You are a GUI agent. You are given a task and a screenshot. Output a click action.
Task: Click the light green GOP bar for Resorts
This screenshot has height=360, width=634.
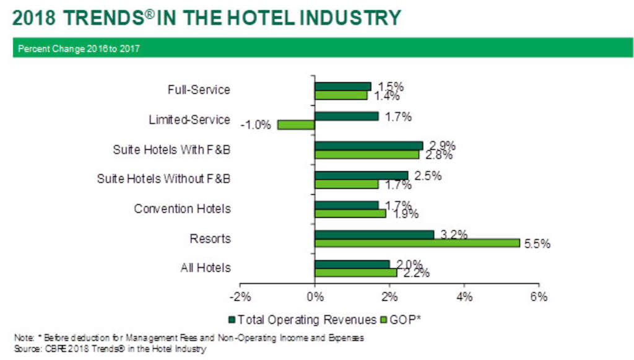click(x=417, y=243)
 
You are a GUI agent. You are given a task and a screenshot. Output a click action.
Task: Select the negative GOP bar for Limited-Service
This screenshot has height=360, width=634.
click(x=296, y=125)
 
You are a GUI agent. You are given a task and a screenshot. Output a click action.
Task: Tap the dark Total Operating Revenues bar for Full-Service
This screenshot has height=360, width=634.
click(x=342, y=86)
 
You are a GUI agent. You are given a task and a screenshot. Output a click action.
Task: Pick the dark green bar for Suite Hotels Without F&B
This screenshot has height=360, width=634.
click(x=361, y=175)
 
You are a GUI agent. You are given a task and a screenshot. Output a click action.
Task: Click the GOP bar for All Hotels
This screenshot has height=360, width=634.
click(x=355, y=273)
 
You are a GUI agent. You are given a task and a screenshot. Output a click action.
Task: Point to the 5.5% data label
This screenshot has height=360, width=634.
click(x=537, y=244)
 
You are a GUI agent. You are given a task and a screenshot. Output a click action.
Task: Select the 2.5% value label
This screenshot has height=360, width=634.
click(x=428, y=175)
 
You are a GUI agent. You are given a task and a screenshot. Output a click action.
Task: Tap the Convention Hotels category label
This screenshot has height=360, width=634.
click(x=182, y=209)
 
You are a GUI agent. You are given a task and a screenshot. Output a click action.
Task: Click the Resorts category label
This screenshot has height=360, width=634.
click(x=211, y=239)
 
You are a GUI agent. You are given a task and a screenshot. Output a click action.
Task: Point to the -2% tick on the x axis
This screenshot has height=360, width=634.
click(x=240, y=297)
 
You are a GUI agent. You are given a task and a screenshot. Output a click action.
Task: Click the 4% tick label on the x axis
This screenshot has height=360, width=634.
click(x=464, y=297)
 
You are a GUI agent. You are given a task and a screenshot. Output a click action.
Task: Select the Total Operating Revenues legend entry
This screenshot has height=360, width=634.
click(x=303, y=320)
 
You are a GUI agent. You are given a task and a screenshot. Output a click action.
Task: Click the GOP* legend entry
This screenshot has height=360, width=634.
click(x=406, y=320)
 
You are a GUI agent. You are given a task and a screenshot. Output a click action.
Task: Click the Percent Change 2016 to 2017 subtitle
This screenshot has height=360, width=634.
click(x=79, y=48)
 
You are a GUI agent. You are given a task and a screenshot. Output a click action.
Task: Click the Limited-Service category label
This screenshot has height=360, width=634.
click(x=189, y=120)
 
